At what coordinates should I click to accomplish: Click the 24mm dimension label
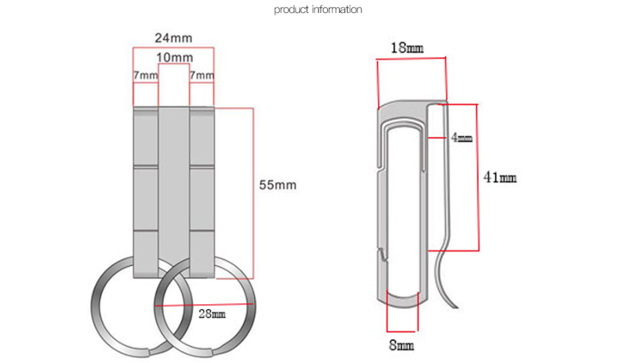(x=173, y=38)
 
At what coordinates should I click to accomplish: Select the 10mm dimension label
(x=174, y=57)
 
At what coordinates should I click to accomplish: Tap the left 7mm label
(x=145, y=75)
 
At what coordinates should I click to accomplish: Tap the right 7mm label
(x=202, y=75)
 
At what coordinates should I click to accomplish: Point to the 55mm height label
(x=277, y=185)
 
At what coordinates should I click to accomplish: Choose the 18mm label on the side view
(x=407, y=48)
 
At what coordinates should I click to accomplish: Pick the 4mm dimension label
(x=461, y=137)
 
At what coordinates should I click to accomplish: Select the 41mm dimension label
(x=500, y=178)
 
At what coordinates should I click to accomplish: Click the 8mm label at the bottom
(x=401, y=345)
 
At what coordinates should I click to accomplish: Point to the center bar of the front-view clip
(x=174, y=184)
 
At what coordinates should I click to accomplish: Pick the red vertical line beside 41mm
(x=478, y=177)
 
